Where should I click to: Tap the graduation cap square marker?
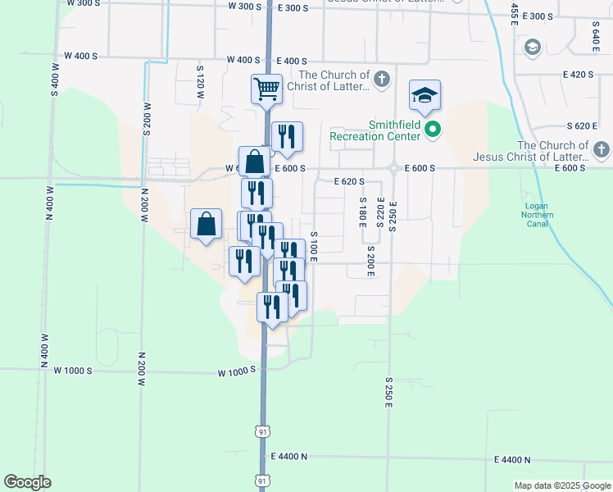(x=425, y=95)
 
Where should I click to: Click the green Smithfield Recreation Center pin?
(x=435, y=129)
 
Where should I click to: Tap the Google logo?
(x=28, y=482)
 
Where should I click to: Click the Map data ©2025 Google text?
(x=561, y=485)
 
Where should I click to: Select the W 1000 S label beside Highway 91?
(x=237, y=372)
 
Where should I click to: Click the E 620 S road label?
(x=349, y=181)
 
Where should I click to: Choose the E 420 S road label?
(x=578, y=75)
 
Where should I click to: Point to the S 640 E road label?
(x=595, y=32)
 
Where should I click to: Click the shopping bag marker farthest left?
(x=206, y=223)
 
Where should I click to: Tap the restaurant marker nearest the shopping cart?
(x=286, y=136)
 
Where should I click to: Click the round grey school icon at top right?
(x=532, y=47)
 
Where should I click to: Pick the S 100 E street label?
(x=314, y=247)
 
